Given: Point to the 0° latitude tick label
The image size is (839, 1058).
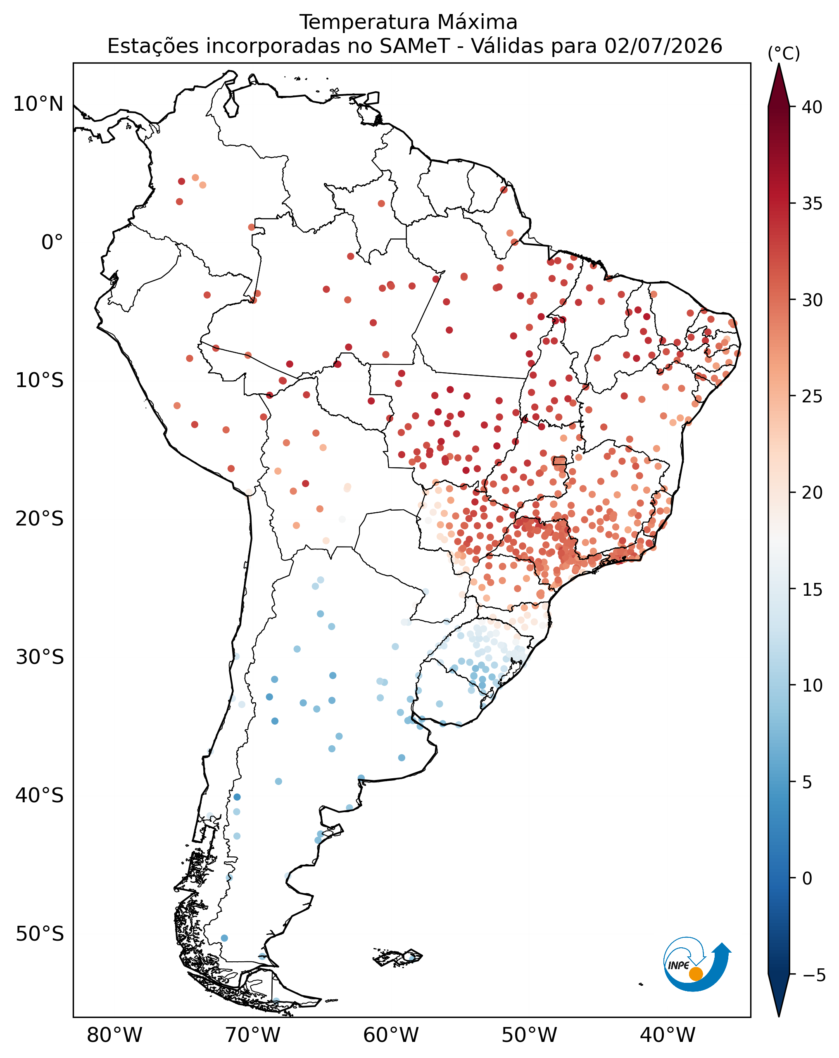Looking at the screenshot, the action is pyautogui.click(x=52, y=243).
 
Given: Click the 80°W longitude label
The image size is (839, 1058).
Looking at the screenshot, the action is pyautogui.click(x=114, y=1035).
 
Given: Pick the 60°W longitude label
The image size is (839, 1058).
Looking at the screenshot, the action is pyautogui.click(x=391, y=1035).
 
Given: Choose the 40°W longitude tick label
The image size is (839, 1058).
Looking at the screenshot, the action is pyautogui.click(x=668, y=1035).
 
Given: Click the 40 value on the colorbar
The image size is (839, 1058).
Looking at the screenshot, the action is pyautogui.click(x=812, y=107).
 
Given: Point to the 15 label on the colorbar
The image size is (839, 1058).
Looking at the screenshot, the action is pyautogui.click(x=812, y=590).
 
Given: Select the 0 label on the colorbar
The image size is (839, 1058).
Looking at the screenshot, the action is pyautogui.click(x=807, y=878).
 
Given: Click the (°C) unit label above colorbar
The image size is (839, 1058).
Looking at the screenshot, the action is pyautogui.click(x=784, y=53).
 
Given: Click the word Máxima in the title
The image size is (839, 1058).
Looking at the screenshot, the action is pyautogui.click(x=478, y=22).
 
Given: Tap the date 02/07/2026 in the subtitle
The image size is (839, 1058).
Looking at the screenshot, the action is pyautogui.click(x=663, y=46).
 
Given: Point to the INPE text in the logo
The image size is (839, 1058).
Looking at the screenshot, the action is pyautogui.click(x=679, y=965).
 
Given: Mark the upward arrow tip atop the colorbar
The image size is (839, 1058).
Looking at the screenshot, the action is pyautogui.click(x=779, y=64).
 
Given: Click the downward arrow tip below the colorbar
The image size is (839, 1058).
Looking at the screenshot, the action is pyautogui.click(x=779, y=1016).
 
